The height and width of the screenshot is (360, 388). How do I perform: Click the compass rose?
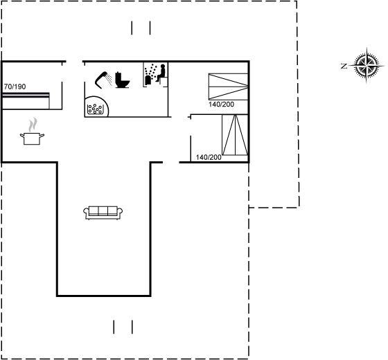367,66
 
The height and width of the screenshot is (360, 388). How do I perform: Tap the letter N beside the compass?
344,66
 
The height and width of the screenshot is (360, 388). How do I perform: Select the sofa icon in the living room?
103,213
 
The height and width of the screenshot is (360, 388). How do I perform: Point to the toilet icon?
122,80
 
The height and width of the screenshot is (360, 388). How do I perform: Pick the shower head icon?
101,80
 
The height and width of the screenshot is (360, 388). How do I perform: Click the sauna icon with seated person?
156,74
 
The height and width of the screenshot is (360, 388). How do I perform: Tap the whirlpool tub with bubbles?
96,107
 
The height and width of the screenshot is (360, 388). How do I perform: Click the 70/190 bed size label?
15,87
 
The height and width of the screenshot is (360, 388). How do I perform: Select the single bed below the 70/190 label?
26,100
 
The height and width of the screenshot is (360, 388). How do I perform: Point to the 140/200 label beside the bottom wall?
209,157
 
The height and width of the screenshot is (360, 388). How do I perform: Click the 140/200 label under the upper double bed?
221,105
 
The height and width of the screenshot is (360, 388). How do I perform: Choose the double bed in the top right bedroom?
228,87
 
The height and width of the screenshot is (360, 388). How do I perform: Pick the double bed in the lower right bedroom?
235,135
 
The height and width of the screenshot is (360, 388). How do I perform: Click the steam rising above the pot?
33,125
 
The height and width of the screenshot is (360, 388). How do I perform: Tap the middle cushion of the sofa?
103,210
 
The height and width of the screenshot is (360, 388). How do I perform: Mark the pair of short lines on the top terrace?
141,28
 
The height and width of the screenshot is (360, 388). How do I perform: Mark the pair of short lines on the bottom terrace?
123,327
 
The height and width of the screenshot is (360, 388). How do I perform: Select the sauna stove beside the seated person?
148,80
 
